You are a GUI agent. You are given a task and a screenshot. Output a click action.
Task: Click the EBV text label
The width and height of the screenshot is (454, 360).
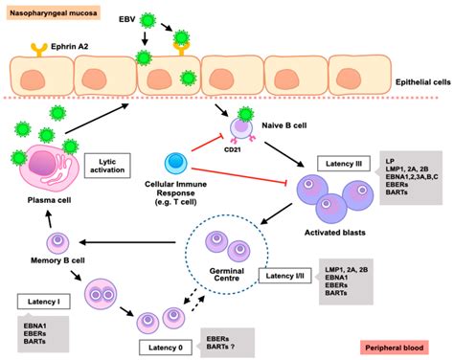tap(102, 18)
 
